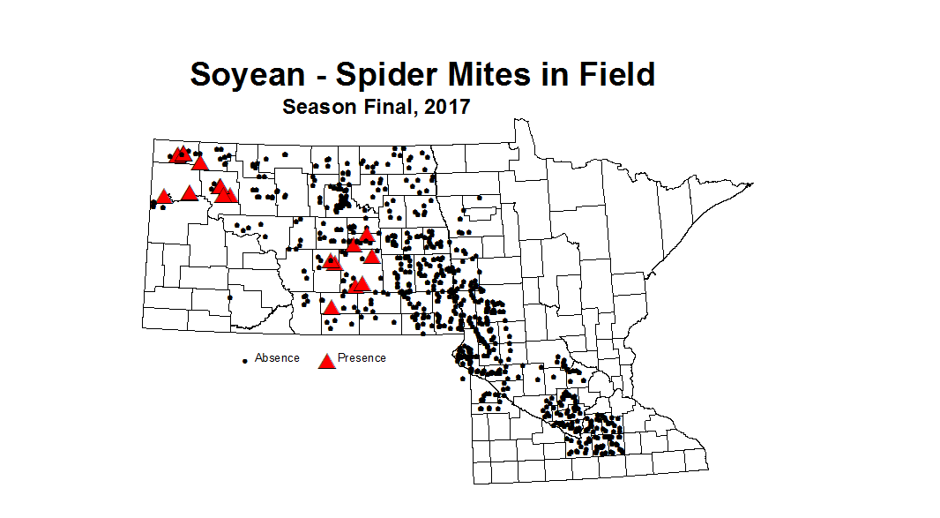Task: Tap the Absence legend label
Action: tap(277, 358)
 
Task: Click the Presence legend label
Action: tap(362, 358)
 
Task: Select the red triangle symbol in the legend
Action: tap(326, 361)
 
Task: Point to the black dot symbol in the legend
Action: tap(244, 361)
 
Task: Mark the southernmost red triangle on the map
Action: tap(331, 308)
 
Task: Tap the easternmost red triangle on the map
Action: tap(372, 257)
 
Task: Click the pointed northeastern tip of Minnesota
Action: tap(752, 184)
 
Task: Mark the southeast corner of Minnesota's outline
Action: tap(708, 469)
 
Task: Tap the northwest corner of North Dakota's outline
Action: tap(153, 139)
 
